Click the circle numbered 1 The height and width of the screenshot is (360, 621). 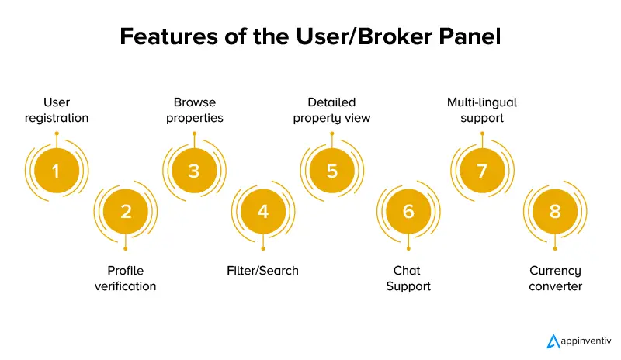(56, 171)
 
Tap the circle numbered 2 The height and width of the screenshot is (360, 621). (126, 210)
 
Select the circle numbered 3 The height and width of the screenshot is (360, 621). (194, 171)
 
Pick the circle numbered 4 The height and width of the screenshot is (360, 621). (263, 210)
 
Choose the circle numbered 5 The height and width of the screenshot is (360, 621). (332, 171)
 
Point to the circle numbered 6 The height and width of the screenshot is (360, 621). (408, 210)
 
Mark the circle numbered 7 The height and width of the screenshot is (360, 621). (482, 171)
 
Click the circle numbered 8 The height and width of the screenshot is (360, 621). (555, 210)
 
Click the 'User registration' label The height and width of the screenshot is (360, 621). (56, 110)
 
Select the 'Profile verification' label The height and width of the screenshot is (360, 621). (126, 278)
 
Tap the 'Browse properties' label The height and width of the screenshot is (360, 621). (194, 110)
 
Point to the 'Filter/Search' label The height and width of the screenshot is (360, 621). (263, 271)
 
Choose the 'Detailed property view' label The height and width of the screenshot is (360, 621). (332, 110)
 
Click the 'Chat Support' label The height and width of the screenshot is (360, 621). (408, 278)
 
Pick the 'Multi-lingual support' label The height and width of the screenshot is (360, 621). (482, 110)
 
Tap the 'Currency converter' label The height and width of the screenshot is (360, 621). (555, 278)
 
